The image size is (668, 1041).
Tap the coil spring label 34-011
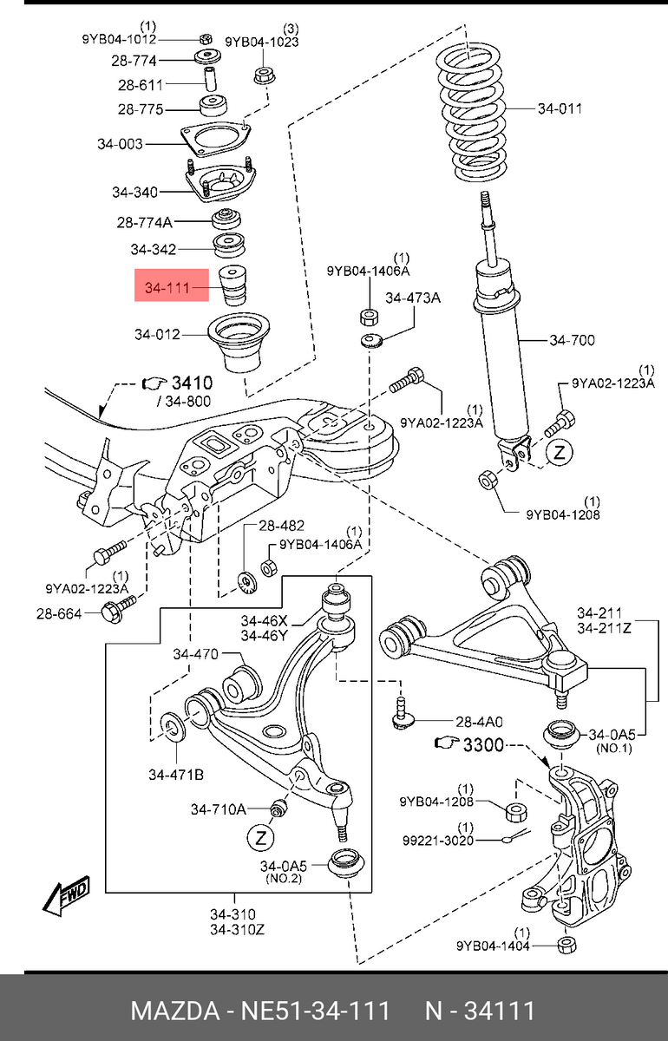[560, 108]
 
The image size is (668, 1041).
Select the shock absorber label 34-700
[572, 340]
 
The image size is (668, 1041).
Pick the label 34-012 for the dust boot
[157, 333]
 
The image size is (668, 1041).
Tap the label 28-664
[58, 613]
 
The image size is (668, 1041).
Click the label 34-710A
[219, 809]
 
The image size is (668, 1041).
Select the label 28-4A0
[480, 721]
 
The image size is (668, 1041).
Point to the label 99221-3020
[439, 841]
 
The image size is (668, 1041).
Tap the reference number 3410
[192, 383]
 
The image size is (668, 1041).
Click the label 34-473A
[413, 298]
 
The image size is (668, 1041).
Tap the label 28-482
[282, 527]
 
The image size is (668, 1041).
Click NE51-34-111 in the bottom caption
[313, 1011]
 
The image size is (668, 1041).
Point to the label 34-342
[153, 250]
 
